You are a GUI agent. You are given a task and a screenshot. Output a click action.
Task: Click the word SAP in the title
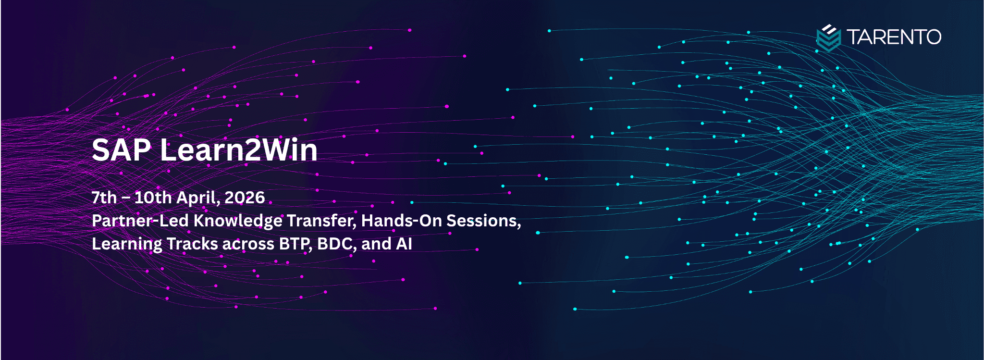122,150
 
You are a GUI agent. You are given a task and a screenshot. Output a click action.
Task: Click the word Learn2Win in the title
239,150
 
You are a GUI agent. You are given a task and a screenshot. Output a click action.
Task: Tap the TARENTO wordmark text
894,37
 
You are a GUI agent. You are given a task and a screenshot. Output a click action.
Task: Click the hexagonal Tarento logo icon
828,38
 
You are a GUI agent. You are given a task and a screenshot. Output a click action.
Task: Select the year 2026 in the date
245,198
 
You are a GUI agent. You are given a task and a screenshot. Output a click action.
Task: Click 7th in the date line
104,198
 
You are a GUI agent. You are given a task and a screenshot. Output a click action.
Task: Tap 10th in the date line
153,198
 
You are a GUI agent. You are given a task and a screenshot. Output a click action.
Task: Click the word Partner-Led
140,221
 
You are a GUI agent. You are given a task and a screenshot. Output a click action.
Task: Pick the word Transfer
322,221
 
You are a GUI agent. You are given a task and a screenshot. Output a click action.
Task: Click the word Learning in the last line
127,244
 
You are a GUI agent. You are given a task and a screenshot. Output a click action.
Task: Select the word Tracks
193,244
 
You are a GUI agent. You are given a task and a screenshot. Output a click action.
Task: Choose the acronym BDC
336,244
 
